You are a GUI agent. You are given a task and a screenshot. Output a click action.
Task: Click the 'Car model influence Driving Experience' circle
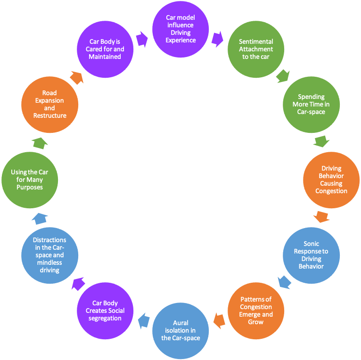coord(180,29)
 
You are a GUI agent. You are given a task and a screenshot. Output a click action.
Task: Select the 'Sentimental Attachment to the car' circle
coord(256,49)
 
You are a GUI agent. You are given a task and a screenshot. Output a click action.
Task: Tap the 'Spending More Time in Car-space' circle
coord(311,104)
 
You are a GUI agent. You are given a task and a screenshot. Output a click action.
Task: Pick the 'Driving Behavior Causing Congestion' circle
coord(331,180)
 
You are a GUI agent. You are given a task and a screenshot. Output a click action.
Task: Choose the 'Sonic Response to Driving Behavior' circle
coord(311,255)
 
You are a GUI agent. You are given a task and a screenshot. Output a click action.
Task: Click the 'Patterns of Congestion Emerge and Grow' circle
coord(256,310)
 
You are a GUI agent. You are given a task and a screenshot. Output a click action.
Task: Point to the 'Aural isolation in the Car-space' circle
coord(180,330)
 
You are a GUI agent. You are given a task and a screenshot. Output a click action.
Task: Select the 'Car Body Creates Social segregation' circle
coord(105,310)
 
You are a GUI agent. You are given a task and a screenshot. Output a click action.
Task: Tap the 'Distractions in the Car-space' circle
coord(49,255)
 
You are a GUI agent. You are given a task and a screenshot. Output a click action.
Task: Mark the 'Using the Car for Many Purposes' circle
coord(29,180)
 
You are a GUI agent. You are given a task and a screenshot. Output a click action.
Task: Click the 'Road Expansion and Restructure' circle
coord(49,104)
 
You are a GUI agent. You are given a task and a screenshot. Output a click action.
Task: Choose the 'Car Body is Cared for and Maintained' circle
coord(105,49)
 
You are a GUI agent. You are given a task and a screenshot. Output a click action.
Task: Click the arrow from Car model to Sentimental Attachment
coord(217,39)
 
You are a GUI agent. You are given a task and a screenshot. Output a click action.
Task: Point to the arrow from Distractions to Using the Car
coord(40,218)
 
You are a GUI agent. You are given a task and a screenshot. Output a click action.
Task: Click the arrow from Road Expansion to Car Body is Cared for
coord(77,77)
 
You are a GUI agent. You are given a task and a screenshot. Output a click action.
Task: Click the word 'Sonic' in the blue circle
coord(312,244)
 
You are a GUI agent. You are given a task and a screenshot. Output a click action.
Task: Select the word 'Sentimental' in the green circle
coord(256,42)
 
